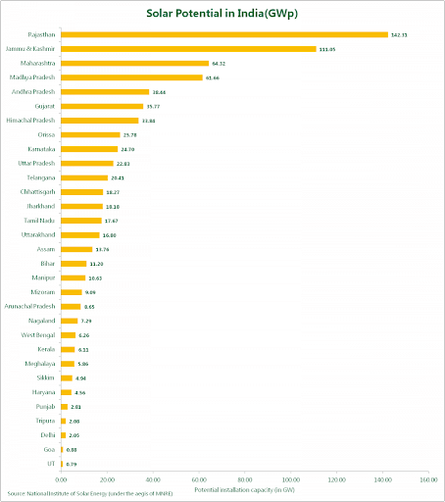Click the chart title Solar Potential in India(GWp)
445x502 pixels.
point(222,16)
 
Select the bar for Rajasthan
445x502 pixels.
point(224,34)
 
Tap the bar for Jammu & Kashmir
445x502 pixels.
point(188,48)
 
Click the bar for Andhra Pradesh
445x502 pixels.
point(105,91)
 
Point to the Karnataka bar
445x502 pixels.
point(89,149)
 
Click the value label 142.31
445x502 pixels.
point(399,34)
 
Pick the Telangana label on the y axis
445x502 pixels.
point(40,177)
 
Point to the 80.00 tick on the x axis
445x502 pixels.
point(244,479)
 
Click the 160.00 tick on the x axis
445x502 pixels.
point(427,479)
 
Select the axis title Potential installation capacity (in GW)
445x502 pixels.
point(244,489)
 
